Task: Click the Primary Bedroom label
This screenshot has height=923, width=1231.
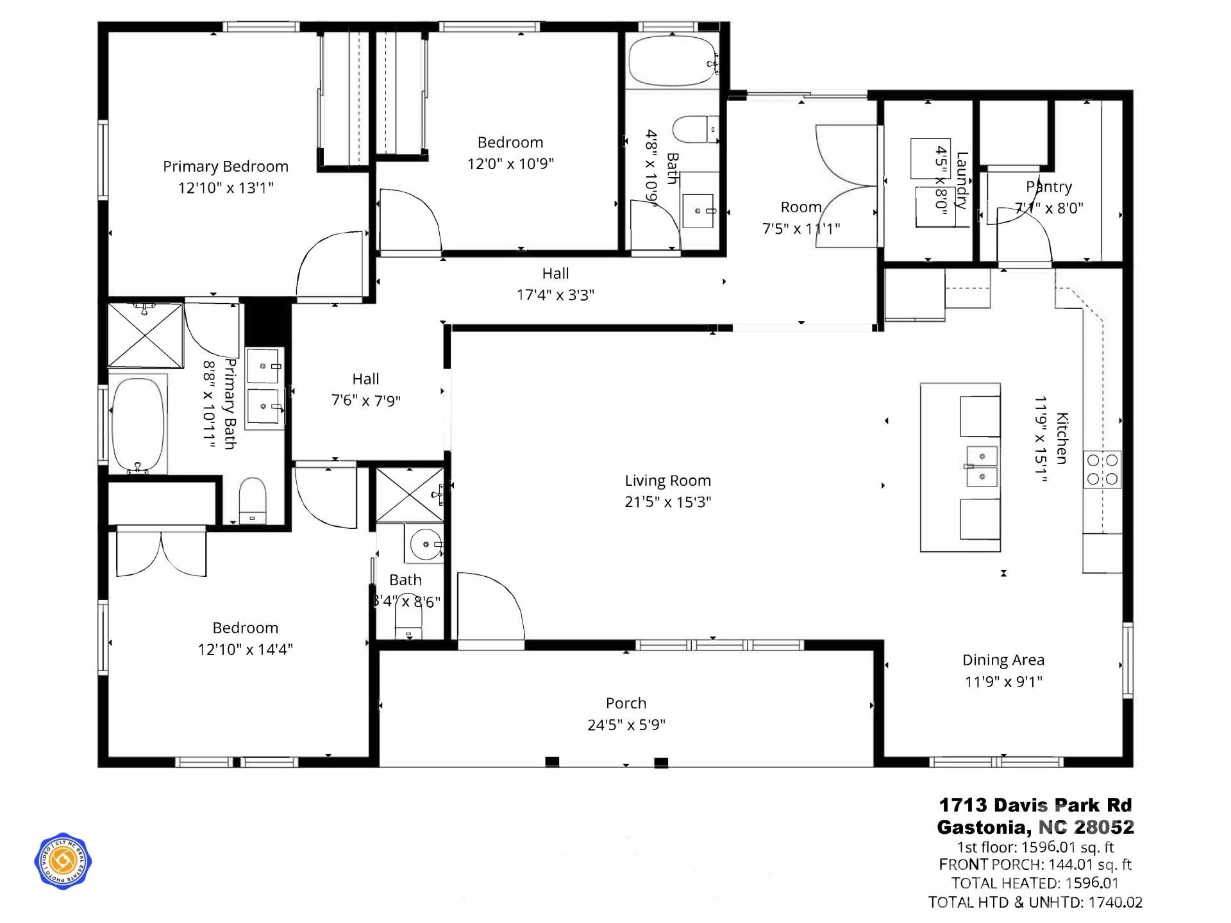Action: pyautogui.click(x=225, y=167)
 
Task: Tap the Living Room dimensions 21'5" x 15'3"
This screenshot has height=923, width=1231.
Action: pyautogui.click(x=667, y=502)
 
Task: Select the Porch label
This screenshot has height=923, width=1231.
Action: pyautogui.click(x=626, y=703)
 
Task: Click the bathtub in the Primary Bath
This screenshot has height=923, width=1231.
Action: pyautogui.click(x=137, y=424)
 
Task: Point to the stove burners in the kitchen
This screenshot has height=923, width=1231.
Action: pyautogui.click(x=1102, y=470)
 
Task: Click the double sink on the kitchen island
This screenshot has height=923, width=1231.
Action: pyautogui.click(x=982, y=466)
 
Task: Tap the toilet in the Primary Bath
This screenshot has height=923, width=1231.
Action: pyautogui.click(x=252, y=500)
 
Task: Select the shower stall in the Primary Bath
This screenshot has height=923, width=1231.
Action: pyautogui.click(x=145, y=335)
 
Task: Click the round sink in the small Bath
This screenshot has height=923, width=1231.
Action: pyautogui.click(x=425, y=545)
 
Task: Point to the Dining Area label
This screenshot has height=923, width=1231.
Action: pyautogui.click(x=1003, y=660)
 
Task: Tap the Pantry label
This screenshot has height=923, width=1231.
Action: pyautogui.click(x=1048, y=187)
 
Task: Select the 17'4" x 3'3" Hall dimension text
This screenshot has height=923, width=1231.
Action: pyautogui.click(x=555, y=295)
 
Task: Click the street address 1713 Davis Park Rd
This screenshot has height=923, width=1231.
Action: pyautogui.click(x=1035, y=805)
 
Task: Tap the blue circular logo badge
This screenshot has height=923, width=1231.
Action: pyautogui.click(x=63, y=861)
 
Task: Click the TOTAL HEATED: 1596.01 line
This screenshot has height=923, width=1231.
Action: pyautogui.click(x=1035, y=883)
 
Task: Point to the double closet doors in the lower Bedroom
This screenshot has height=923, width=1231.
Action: pyautogui.click(x=161, y=553)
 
